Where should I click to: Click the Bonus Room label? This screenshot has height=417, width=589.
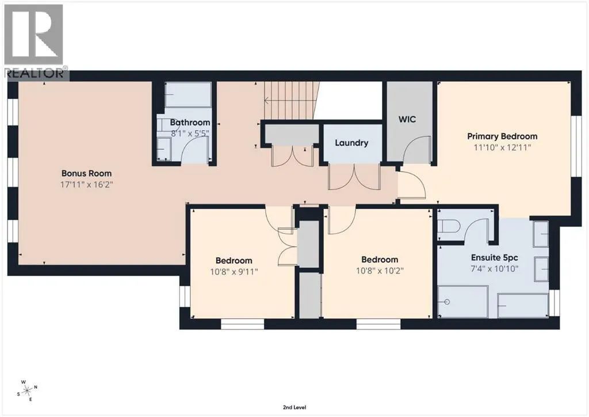pos(86,173)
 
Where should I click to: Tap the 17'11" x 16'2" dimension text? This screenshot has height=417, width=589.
pos(86,185)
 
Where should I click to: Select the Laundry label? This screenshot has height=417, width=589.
pos(351,143)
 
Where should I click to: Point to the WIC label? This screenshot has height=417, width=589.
pos(407,119)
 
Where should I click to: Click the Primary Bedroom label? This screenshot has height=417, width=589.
pos(502,136)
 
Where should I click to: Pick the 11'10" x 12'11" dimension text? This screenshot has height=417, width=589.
pos(502,147)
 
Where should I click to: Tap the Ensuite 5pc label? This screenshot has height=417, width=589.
pos(494,257)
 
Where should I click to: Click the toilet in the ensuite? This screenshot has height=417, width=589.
pos(449,227)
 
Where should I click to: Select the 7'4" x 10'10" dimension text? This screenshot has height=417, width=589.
pos(494,268)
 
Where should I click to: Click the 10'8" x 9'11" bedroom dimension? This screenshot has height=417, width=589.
pos(234,271)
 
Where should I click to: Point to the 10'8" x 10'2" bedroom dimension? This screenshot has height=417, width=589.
pos(380,270)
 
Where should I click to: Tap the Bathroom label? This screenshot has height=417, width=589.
pos(190,122)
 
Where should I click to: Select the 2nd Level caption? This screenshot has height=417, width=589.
pos(294,407)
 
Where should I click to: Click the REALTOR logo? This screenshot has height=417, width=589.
pos(35,41)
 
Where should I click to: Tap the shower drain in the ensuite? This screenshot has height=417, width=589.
pos(446,302)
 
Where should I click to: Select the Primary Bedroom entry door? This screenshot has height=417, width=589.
pos(411,184)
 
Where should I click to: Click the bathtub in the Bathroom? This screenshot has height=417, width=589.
pos(188,95)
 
